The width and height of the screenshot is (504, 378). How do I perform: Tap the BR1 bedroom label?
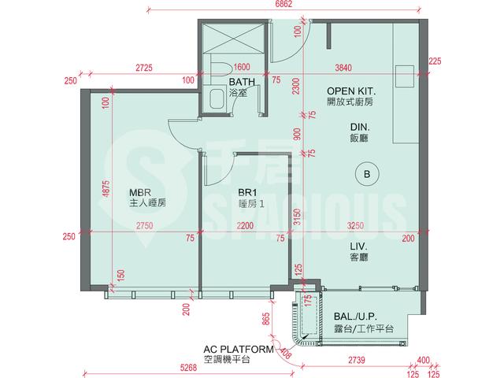coord(247,192)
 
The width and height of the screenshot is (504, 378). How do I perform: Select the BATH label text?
coord(242,82)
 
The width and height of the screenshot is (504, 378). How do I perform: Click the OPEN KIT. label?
coord(351,91)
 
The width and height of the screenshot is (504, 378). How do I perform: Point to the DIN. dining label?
coord(360,128)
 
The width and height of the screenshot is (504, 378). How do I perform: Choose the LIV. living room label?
coord(359,246)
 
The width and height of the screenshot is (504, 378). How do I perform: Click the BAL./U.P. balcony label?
coord(355,317)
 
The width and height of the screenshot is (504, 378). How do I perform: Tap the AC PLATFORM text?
coord(239,349)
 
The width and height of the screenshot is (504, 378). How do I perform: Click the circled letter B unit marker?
coord(367,174)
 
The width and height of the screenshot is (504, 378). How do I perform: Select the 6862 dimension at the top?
coord(284,4)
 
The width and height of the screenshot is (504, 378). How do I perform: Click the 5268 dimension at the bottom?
coord(188,367)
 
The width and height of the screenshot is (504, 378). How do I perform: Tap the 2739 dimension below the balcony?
coord(357,360)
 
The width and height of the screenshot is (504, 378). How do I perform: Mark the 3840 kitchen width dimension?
coord(343,68)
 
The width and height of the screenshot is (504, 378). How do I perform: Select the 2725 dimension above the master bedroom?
coord(144,68)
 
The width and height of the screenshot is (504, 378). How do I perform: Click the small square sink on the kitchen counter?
coord(404,76)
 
